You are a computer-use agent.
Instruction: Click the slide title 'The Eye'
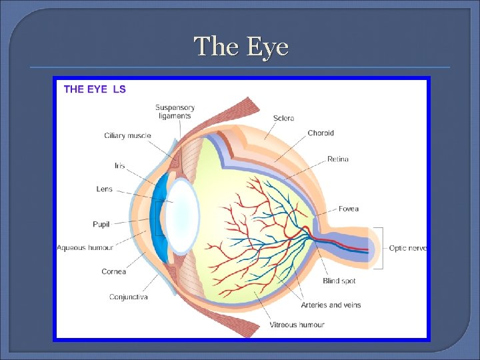pyautogui.click(x=241, y=47)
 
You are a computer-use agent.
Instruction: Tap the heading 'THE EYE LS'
pyautogui.click(x=94, y=89)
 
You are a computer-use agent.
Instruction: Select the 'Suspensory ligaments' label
pyautogui.click(x=175, y=111)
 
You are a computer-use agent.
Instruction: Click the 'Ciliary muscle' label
pyautogui.click(x=127, y=136)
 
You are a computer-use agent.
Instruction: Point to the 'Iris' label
pyautogui.click(x=119, y=165)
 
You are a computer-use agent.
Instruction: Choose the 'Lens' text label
pyautogui.click(x=105, y=189)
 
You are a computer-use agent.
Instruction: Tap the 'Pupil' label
pyautogui.click(x=101, y=224)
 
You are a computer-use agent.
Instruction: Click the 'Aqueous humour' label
pyautogui.click(x=85, y=247)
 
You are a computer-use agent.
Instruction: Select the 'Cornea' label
pyautogui.click(x=113, y=272)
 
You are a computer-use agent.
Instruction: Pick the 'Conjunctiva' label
pyautogui.click(x=128, y=297)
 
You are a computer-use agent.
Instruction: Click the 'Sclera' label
pyautogui.click(x=283, y=119)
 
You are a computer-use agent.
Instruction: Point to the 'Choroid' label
pyautogui.click(x=321, y=133)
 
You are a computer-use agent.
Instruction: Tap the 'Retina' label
pyautogui.click(x=337, y=159)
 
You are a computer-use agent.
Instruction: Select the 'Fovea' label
pyautogui.click(x=348, y=209)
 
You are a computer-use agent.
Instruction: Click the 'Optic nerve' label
pyautogui.click(x=408, y=248)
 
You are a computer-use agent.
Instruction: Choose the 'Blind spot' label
pyautogui.click(x=339, y=281)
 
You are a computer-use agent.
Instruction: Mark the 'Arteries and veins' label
pyautogui.click(x=331, y=305)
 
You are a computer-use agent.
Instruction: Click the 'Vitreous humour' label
pyautogui.click(x=297, y=325)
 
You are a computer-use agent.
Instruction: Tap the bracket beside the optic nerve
pyautogui.click(x=381, y=248)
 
